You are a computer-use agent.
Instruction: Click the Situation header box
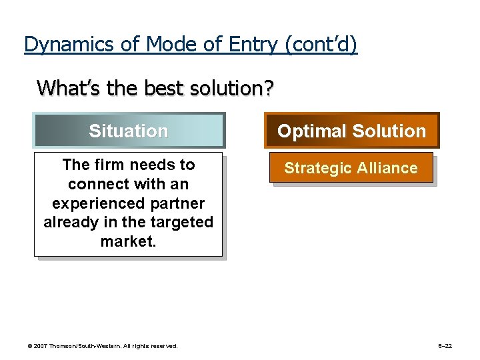(x=129, y=131)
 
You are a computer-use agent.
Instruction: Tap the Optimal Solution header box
(x=351, y=131)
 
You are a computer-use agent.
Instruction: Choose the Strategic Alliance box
(x=351, y=168)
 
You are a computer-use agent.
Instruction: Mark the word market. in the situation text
(x=128, y=241)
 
